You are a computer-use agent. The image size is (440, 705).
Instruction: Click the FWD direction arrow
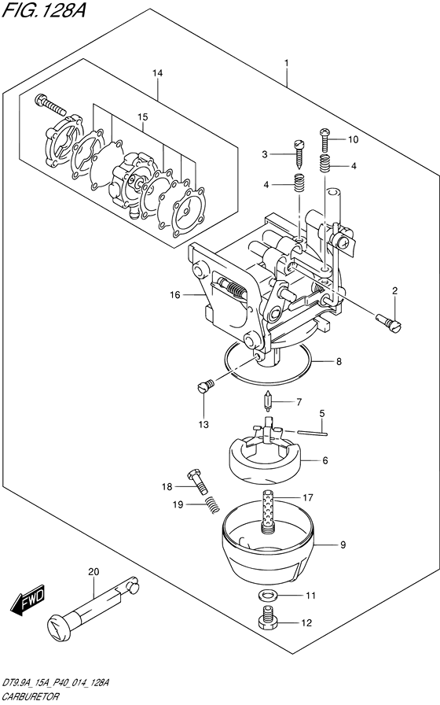(27, 600)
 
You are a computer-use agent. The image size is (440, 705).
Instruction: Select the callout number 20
(93, 572)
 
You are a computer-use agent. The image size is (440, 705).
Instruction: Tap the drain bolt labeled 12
(268, 618)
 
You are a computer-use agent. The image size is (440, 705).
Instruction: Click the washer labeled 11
(268, 596)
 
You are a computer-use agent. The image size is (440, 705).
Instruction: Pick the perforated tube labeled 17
(269, 511)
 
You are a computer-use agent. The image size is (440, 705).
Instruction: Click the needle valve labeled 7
(268, 401)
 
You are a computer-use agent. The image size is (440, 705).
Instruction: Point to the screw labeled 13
(206, 386)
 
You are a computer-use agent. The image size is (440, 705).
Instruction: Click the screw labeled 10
(325, 139)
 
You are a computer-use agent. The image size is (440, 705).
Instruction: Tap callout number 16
(174, 295)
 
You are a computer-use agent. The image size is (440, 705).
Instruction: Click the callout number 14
(157, 73)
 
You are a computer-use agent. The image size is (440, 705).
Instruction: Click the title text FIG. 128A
(43, 11)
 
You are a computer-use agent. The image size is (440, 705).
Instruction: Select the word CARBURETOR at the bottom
(31, 697)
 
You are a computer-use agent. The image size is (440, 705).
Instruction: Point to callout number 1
(287, 63)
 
